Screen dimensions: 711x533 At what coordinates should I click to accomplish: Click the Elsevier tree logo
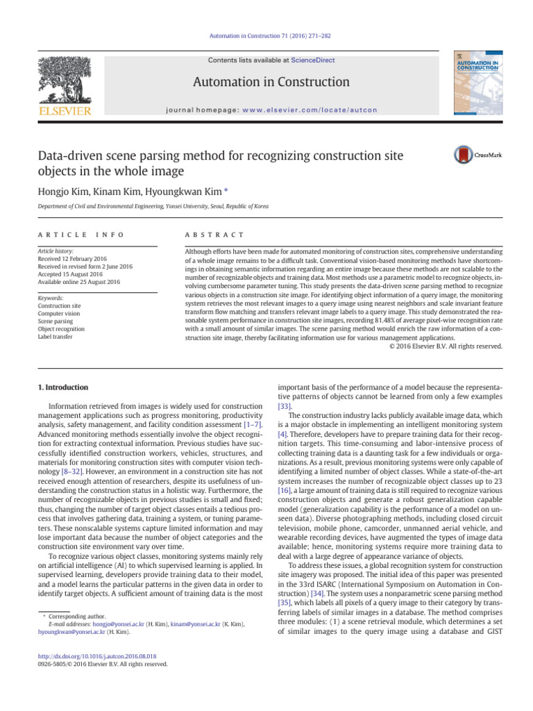[64, 82]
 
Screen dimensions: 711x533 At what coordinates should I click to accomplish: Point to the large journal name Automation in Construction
[271, 83]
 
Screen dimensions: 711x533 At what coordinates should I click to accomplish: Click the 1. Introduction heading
[62, 387]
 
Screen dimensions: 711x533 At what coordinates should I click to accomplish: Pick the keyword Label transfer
[56, 336]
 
